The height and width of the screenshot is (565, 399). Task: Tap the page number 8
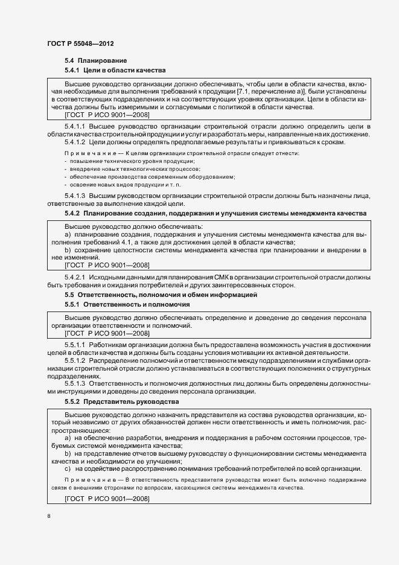[49, 516]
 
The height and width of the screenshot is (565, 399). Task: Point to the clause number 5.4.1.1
[74, 126]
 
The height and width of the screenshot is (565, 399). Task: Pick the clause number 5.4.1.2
[74, 142]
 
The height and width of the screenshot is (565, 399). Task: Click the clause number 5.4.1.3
[74, 196]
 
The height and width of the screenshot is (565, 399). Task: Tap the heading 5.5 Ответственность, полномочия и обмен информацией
[161, 295]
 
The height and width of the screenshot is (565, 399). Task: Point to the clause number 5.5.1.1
[74, 344]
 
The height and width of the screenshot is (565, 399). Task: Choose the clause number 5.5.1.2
[74, 360]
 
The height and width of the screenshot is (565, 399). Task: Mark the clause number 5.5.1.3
[74, 383]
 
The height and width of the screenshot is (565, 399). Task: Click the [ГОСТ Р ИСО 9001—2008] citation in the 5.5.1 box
[107, 333]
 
